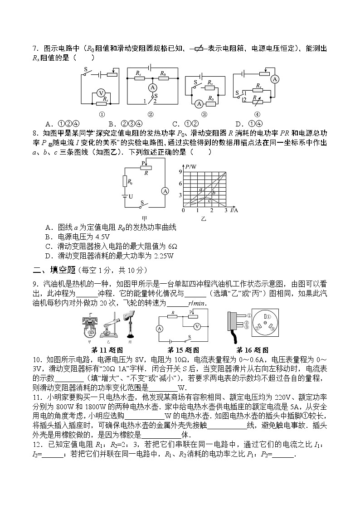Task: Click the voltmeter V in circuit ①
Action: tap(102, 93)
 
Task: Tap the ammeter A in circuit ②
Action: tap(153, 87)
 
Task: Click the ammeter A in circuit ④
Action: tap(274, 79)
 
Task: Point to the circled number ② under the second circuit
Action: tap(151, 114)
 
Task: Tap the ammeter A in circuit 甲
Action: tap(165, 191)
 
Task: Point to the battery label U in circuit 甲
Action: tap(131, 197)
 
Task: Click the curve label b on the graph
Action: tap(213, 193)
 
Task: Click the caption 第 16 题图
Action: tap(252, 350)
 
